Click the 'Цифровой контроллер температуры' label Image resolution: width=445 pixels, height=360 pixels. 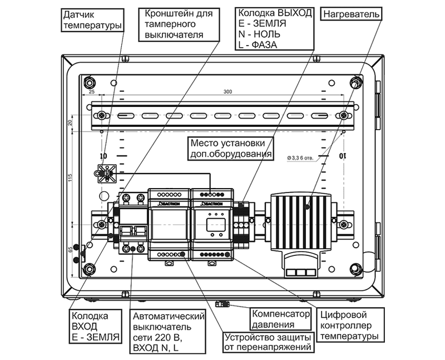point(349,325)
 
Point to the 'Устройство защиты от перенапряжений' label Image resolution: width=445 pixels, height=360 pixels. point(269,343)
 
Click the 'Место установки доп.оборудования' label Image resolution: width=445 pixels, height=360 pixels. point(230,148)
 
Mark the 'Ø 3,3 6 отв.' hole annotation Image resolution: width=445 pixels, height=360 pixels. point(301,157)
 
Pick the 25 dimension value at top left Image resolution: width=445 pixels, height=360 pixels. point(92,91)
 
